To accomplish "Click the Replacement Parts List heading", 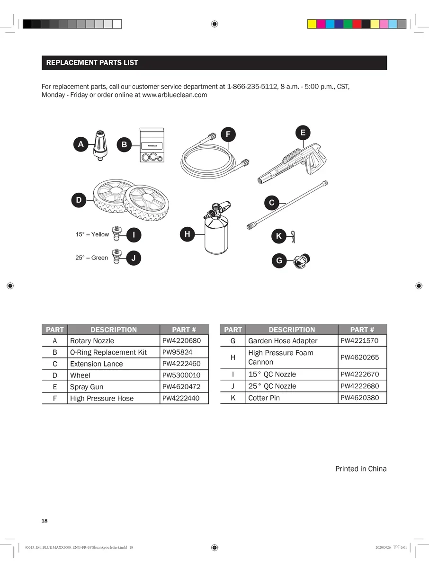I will pos(92,63).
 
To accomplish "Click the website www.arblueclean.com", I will pos(175,95).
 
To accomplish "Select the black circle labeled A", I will pos(81,144).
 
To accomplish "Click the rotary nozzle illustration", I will pos(100,145).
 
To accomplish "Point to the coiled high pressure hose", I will pos(211,159).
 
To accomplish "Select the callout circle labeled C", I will pos(271,203).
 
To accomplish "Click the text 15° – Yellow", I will pos(92,234).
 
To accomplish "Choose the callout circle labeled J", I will pos(134,258).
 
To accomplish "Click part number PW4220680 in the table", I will pos(182,340).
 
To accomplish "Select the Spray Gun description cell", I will pos(87,387).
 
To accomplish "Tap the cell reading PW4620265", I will pos(360,357).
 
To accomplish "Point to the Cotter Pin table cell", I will pos(264,398).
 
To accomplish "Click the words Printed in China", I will pos(361,469).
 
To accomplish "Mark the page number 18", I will pos(45,521).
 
